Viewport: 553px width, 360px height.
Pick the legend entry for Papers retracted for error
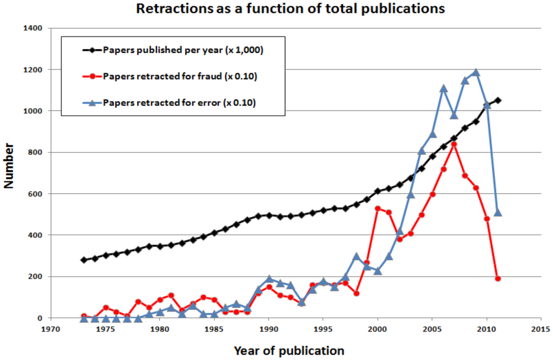pos(179,103)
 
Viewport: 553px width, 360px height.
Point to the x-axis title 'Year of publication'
pos(289,351)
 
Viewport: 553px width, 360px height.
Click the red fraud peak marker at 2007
pos(454,144)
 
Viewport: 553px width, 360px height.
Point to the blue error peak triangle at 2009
pos(476,72)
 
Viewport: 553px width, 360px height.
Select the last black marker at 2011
pos(498,100)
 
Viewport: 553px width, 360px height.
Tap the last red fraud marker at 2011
pos(498,279)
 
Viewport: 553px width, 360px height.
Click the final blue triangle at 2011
pos(498,213)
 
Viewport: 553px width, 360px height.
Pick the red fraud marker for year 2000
pos(378,208)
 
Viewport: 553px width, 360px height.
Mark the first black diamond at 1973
pos(84,260)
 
